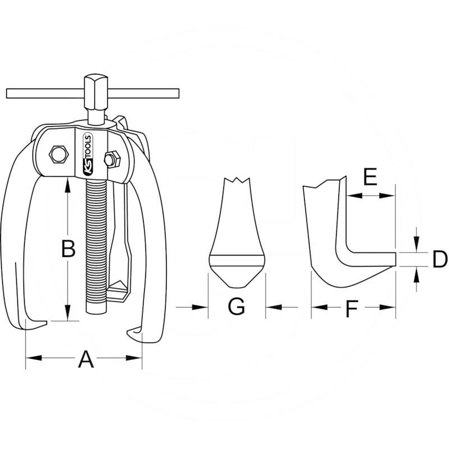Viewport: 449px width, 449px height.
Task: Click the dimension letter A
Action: coord(86,360)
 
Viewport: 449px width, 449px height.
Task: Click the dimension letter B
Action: coord(68,248)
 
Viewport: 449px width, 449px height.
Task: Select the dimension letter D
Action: coord(439,259)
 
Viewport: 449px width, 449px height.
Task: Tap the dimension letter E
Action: coord(370,177)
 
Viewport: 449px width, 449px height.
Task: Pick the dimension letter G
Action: coord(237,306)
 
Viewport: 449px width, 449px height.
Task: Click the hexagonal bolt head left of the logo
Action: coord(59,155)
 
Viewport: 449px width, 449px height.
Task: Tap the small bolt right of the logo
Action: coord(112,159)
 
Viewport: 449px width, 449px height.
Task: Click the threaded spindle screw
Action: coord(96,246)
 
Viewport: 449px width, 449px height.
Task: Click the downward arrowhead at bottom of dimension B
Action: coord(67,313)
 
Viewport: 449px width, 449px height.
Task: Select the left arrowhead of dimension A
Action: coord(34,358)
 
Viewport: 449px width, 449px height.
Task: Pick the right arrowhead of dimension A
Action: coord(134,358)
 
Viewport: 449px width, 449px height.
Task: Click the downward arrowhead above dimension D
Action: coord(416,244)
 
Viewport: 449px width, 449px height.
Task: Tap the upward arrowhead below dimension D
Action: coord(416,274)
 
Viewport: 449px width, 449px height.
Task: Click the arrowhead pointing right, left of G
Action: coord(200,307)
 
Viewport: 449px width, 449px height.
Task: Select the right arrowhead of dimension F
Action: coord(387,307)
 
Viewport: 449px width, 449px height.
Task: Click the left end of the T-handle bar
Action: coord(7,93)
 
